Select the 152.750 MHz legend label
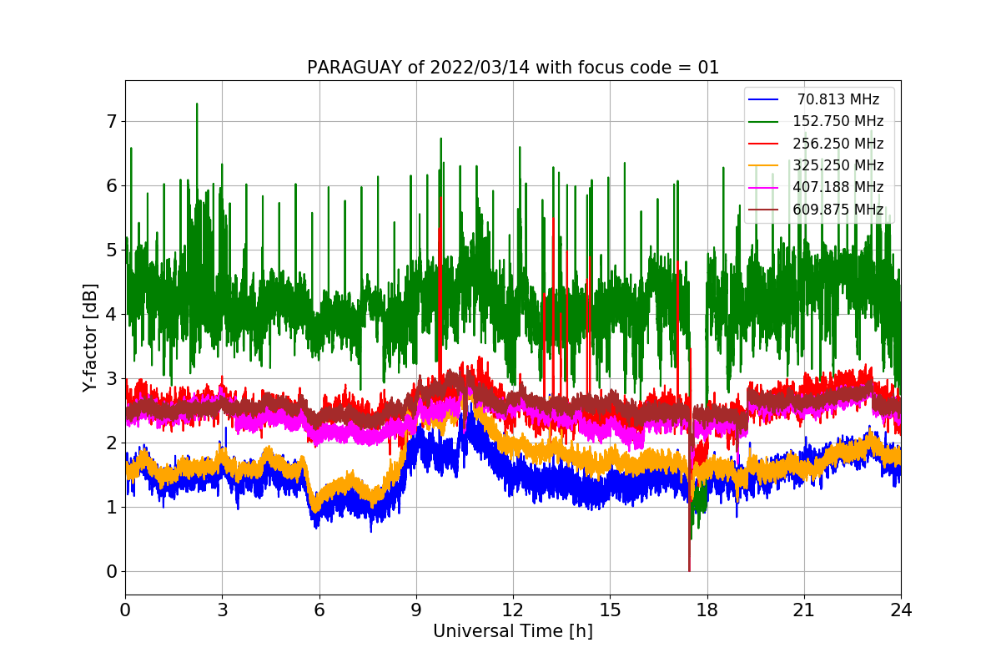838,121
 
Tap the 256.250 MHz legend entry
838,144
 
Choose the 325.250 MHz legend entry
838,165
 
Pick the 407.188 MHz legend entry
838,187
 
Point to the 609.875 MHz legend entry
838,209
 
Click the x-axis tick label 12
513,610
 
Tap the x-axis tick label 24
901,610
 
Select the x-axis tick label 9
416,610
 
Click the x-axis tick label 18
707,610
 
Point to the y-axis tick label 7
111,122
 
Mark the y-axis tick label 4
111,315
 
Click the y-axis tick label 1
111,508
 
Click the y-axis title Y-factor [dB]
90,338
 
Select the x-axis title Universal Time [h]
513,632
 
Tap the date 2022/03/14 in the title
470,68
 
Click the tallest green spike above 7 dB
197,105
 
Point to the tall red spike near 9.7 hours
440,200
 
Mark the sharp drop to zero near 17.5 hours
689,568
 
